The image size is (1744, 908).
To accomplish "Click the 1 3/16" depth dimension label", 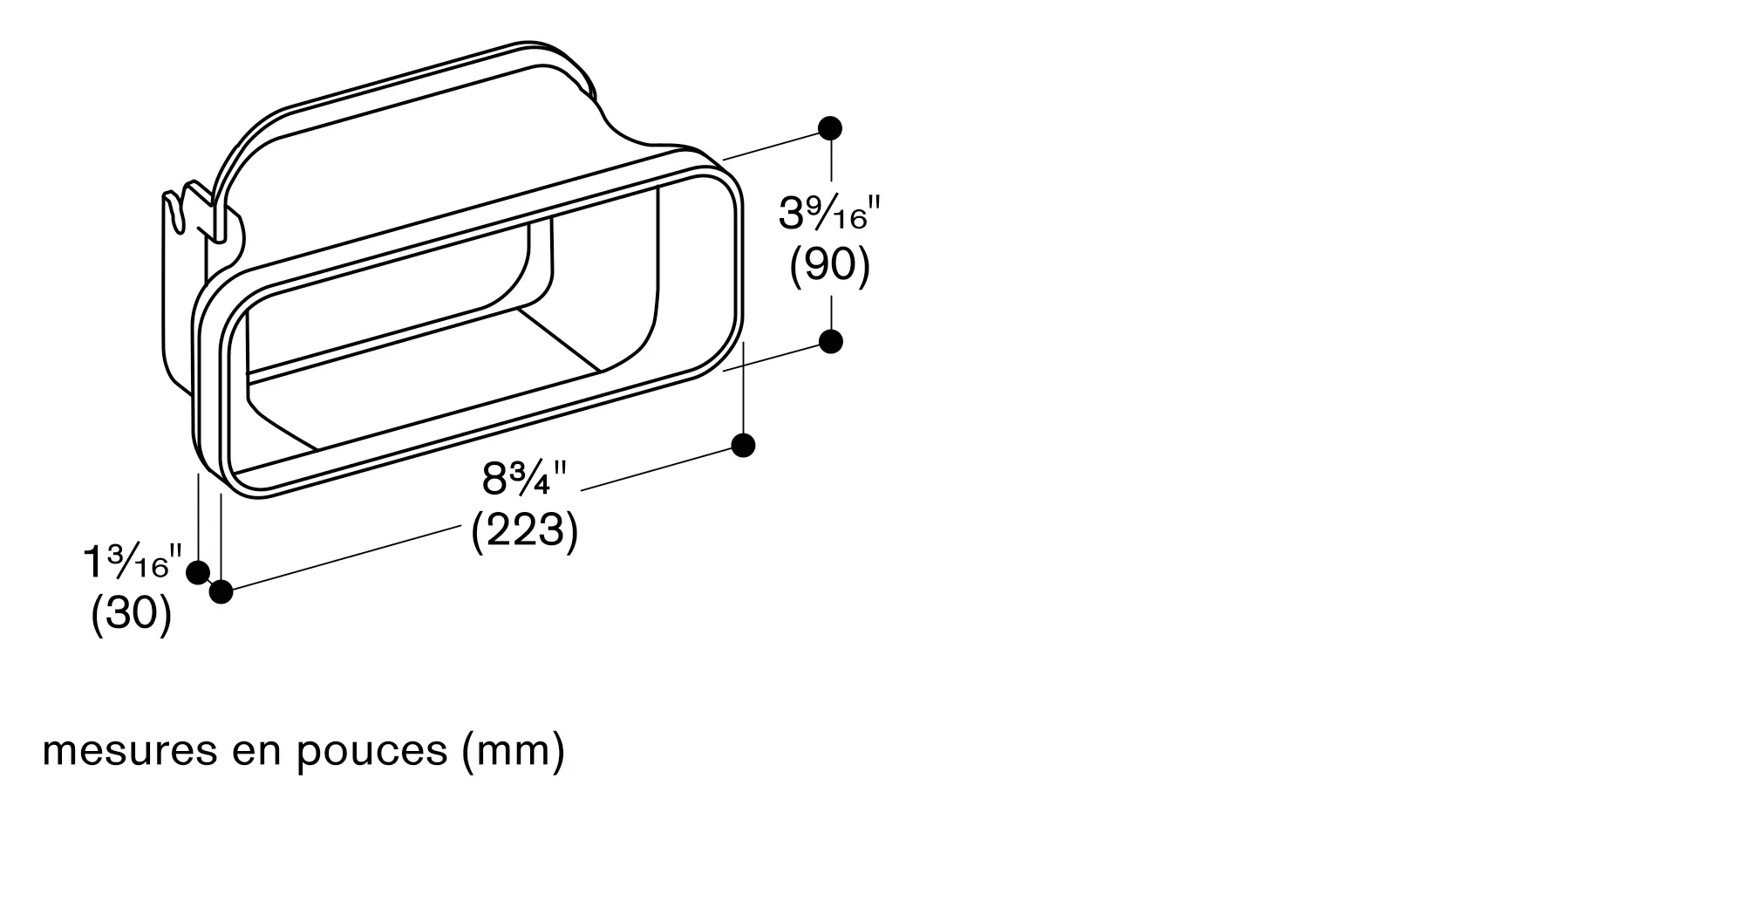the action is (133, 562).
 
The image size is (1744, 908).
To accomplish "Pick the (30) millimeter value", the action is (131, 614).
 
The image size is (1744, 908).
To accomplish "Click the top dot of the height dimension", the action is (830, 128).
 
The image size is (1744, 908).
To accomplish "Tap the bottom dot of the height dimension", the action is (830, 341).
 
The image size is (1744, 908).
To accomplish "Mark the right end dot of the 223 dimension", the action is (743, 446).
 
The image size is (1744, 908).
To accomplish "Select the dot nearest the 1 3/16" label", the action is (198, 573).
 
